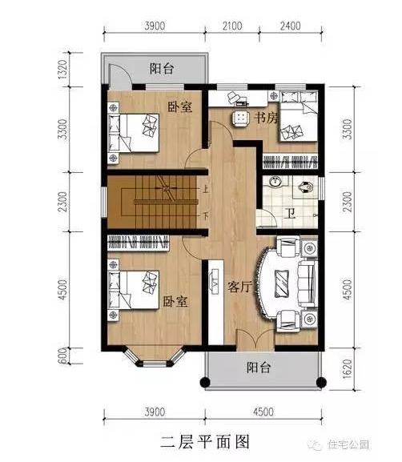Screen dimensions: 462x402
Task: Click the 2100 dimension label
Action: click(231, 26)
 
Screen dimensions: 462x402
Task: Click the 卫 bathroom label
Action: click(290, 214)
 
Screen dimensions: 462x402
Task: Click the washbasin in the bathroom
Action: click(275, 183)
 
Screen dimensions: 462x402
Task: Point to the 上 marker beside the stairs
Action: click(206, 190)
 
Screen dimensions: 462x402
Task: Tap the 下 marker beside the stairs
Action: click(206, 215)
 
